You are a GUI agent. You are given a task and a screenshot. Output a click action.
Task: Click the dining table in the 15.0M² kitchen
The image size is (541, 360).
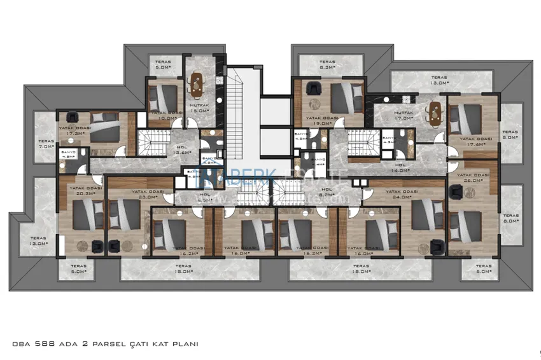pyautogui.click(x=197, y=83)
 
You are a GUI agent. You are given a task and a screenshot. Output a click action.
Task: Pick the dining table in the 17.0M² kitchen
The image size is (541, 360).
pyautogui.click(x=435, y=111)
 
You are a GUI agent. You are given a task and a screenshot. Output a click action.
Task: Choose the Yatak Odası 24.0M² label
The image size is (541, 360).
pyautogui.click(x=401, y=194)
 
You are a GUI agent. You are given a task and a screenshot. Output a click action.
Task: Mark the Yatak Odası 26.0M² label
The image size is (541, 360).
pyautogui.click(x=472, y=177)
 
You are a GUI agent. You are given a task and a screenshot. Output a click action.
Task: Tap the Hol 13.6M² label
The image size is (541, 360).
pyautogui.click(x=182, y=149)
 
